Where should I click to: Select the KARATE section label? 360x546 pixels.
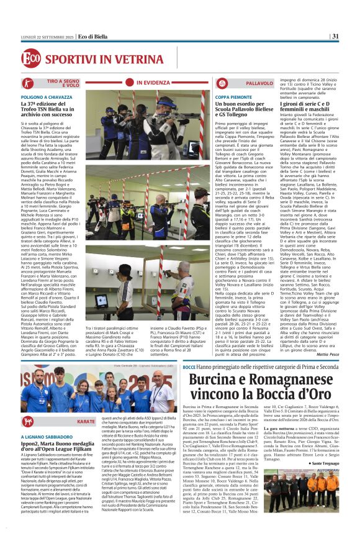(x=86, y=421)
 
